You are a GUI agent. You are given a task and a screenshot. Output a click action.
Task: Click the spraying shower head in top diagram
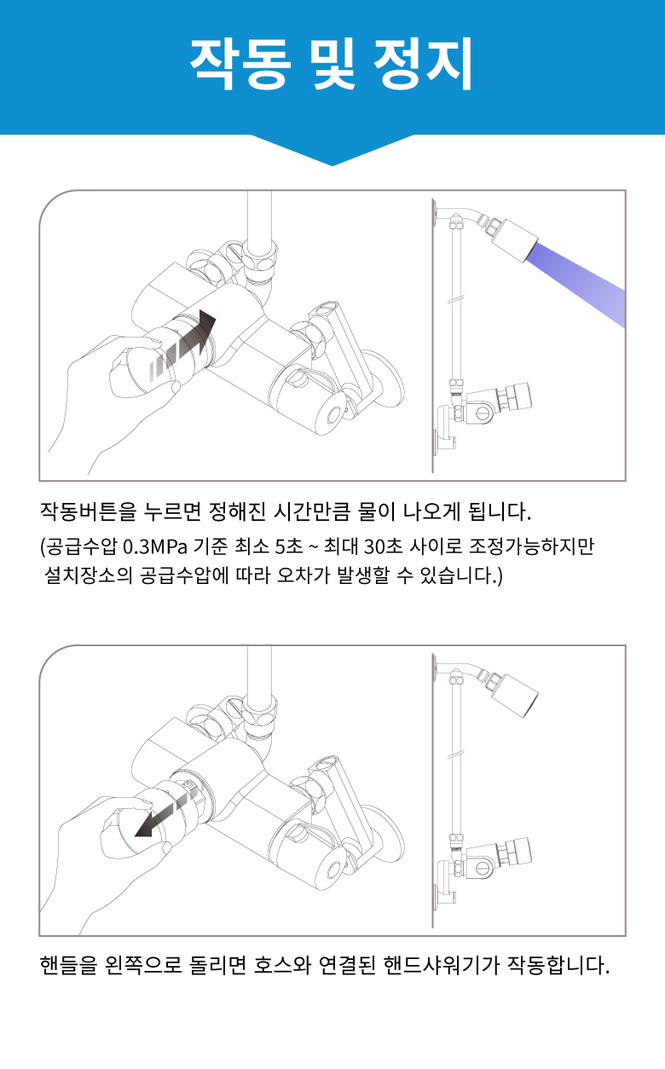516,240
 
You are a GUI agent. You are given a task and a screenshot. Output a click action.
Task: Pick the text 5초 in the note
288,547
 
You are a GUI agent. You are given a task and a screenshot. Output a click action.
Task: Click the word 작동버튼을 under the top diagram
88,511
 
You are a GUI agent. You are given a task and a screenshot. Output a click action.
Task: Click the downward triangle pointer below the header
332,150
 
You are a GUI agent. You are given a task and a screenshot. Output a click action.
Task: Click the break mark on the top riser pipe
456,301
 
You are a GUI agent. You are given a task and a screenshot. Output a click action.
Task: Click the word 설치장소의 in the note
89,575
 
